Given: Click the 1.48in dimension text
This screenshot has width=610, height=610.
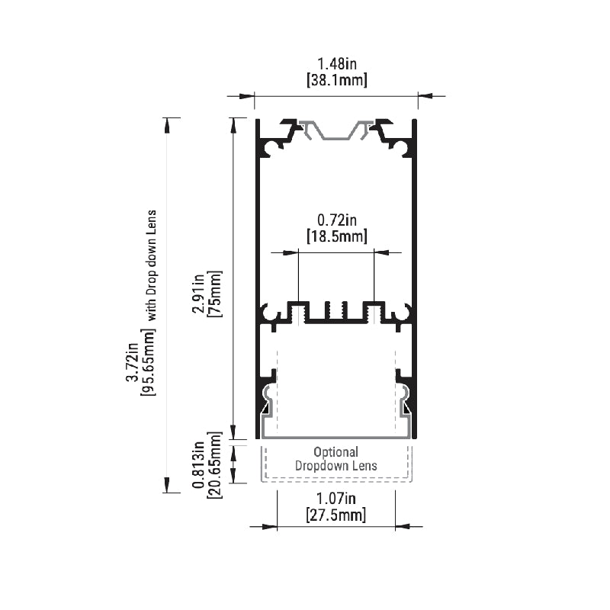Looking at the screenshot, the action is tap(337, 63).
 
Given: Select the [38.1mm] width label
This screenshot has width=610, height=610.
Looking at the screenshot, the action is tap(337, 80).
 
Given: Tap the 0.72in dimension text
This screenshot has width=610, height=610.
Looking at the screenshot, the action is tap(337, 220).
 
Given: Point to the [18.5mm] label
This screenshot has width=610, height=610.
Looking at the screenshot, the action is tap(337, 236).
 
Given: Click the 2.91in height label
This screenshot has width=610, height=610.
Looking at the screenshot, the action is tap(198, 294).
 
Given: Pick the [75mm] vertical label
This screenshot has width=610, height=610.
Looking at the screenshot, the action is tap(215, 294).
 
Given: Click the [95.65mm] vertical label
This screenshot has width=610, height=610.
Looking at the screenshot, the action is tap(148, 362).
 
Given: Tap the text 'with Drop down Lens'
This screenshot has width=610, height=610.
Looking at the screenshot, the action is tap(151, 265).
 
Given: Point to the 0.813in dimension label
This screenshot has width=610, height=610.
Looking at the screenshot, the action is tap(198, 465).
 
